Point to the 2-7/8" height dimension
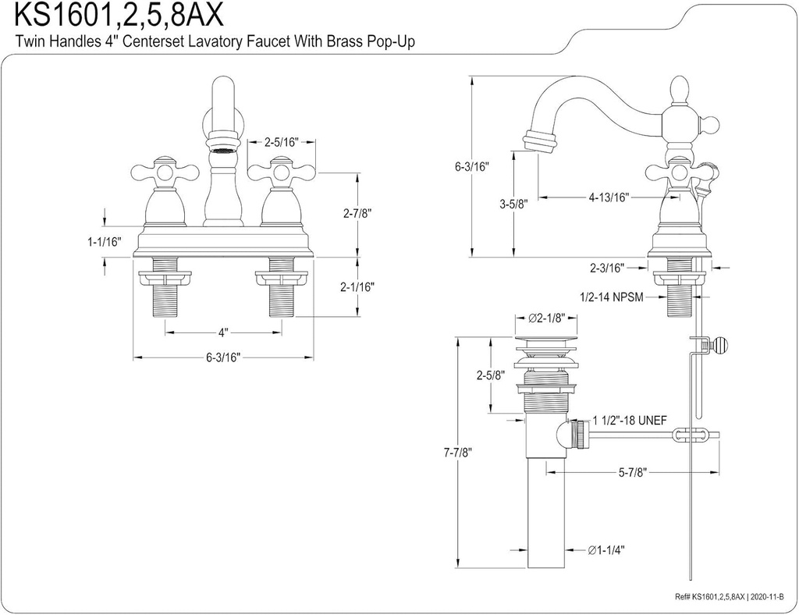pyautogui.click(x=357, y=213)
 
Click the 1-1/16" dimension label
pyautogui.click(x=105, y=243)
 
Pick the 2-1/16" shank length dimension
pyautogui.click(x=357, y=286)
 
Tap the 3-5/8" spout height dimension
pyautogui.click(x=513, y=204)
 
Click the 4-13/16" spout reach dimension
pyautogui.click(x=609, y=197)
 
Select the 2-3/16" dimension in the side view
pyautogui.click(x=607, y=268)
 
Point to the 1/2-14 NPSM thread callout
pyautogui.click(x=611, y=297)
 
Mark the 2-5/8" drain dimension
pyautogui.click(x=490, y=375)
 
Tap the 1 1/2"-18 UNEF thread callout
pyautogui.click(x=629, y=420)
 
